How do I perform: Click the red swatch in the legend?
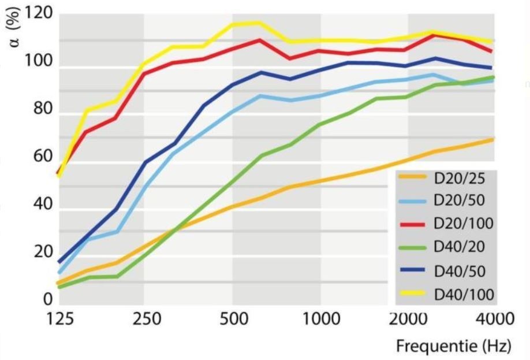coord(413,223)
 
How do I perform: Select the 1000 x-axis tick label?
coord(320,319)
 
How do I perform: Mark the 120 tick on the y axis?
coord(39,13)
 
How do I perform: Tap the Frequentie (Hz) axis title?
coord(453,347)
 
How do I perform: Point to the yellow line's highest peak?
coord(257,23)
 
